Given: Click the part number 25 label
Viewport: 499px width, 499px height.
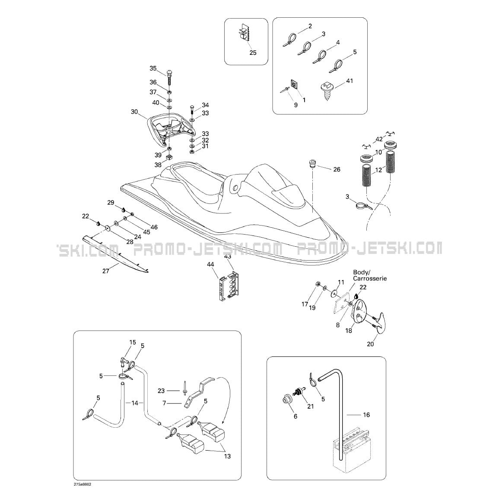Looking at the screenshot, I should [253, 53].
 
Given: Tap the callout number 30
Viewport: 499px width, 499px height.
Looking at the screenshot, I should [134, 112].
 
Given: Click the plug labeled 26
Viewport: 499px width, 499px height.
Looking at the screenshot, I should [311, 165].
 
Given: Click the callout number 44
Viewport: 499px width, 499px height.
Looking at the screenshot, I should [210, 264].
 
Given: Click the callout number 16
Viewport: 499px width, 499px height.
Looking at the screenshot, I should [366, 415].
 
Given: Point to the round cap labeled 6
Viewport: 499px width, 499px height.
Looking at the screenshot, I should [286, 400].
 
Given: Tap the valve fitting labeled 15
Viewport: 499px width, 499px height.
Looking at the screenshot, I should [124, 362].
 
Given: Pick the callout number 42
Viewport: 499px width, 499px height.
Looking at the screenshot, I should [379, 139].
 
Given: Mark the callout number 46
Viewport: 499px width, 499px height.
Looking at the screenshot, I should [154, 227].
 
